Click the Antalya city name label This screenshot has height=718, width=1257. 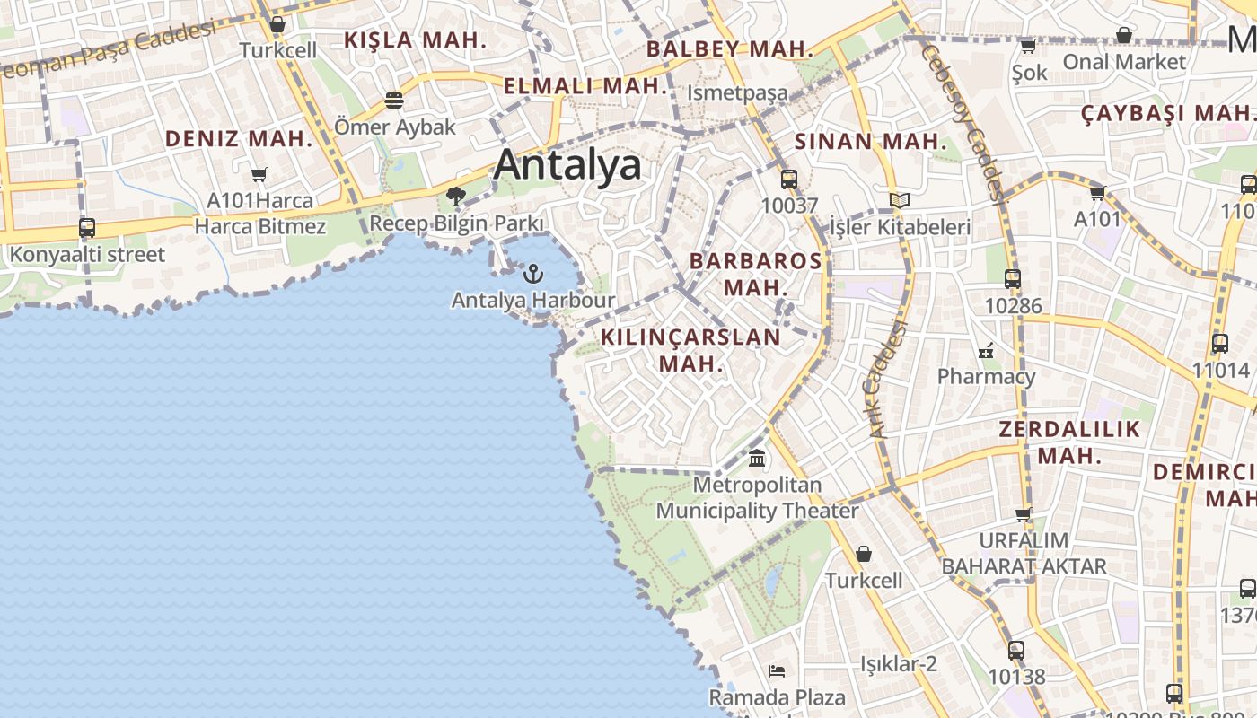tap(567, 165)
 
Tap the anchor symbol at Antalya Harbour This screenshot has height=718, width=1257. tap(534, 273)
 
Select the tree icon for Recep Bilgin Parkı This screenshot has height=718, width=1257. tap(456, 196)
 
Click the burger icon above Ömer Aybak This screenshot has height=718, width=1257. tap(394, 100)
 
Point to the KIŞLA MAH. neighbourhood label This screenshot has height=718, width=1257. tap(416, 40)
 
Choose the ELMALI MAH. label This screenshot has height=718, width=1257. tap(586, 86)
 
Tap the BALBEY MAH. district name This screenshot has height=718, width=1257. tap(730, 49)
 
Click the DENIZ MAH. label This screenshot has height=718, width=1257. tap(239, 139)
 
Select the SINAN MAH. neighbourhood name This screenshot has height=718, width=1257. tap(870, 142)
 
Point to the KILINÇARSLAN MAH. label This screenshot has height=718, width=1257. tap(690, 350)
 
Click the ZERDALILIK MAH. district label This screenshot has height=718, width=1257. tap(1069, 442)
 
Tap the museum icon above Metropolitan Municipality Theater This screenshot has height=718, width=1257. tap(757, 459)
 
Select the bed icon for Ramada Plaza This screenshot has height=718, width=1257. tap(777, 670)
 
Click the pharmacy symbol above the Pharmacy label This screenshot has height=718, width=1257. tap(986, 350)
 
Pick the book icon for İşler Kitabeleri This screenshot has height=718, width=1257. tap(899, 200)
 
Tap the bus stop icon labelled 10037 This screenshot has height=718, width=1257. tap(789, 179)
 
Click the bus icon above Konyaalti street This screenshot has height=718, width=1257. tap(87, 228)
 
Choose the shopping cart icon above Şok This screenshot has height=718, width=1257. tap(1028, 46)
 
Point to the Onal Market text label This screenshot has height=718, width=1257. tap(1124, 62)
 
